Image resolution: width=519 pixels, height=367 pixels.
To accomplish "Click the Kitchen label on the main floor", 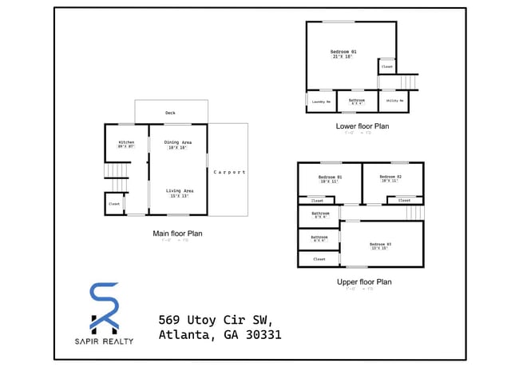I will tap(126, 144).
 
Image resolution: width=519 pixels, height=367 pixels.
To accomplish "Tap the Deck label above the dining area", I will tap(170, 113).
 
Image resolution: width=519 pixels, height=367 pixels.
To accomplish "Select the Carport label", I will tap(229, 172).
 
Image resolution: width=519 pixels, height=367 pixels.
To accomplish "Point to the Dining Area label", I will tap(177, 144).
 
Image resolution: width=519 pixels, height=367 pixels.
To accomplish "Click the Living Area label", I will tap(179, 192).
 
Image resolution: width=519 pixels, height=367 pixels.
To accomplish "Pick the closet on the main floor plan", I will tap(113, 205).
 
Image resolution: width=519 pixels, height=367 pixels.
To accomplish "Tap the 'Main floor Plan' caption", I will tap(177, 233).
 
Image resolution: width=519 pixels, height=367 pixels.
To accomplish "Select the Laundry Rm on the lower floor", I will tap(321, 102).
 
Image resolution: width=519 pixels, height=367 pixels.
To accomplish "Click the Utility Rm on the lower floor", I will tap(394, 102).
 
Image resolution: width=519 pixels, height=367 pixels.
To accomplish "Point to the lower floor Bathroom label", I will tap(356, 102).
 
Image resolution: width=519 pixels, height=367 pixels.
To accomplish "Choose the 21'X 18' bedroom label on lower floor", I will tap(343, 54).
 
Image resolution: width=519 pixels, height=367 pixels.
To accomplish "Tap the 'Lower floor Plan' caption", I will tap(363, 126).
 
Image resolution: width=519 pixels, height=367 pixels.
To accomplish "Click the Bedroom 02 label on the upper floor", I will tap(390, 178).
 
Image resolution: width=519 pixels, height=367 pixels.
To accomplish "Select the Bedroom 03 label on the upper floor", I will tap(380, 245).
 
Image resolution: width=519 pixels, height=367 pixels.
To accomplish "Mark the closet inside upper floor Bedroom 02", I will tap(406, 200).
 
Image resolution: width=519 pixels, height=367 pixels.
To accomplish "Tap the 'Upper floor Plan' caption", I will tap(363, 281).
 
